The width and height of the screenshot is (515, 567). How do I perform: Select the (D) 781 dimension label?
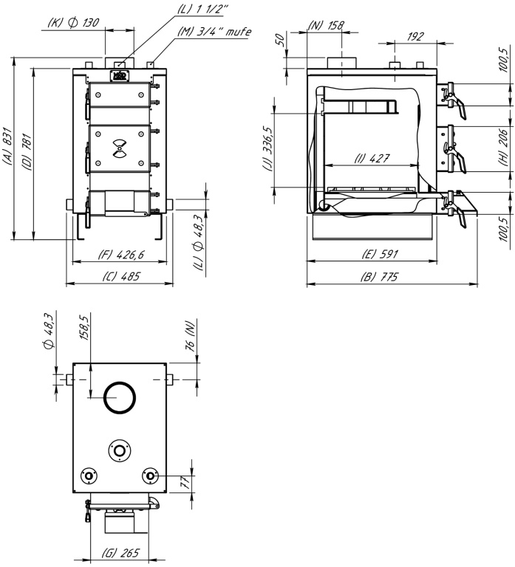[x=27, y=152]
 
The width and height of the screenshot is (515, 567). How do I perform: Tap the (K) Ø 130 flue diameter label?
[x=73, y=22]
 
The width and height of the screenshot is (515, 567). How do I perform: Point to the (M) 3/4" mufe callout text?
[x=214, y=32]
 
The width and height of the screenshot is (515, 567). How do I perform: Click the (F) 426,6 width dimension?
[x=121, y=255]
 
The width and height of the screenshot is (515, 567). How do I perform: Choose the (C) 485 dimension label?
[x=120, y=277]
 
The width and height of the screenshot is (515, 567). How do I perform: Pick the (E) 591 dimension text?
[x=380, y=254]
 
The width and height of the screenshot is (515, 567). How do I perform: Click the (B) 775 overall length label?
[x=379, y=277]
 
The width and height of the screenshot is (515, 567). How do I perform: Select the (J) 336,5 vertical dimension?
[x=267, y=149]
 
